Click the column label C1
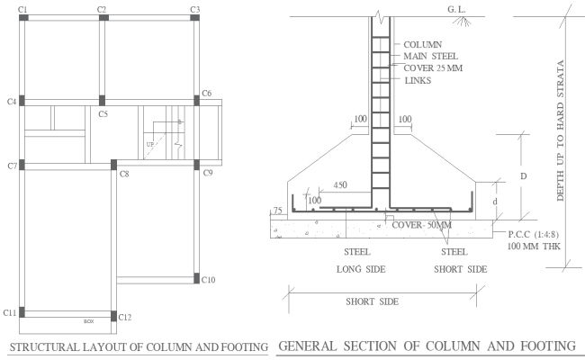[x=22, y=9]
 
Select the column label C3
[x=194, y=9]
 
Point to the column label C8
[x=124, y=173]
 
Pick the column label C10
[x=209, y=280]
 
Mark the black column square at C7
[x=22, y=166]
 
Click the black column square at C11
[x=22, y=312]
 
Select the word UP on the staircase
[x=149, y=144]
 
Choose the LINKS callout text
[x=418, y=81]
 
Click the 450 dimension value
[x=338, y=185]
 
